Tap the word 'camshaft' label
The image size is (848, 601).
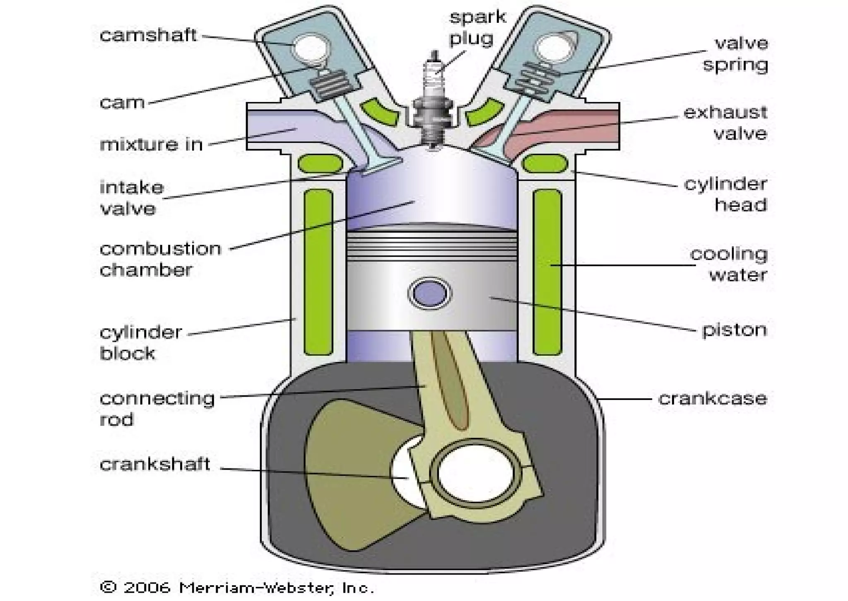pyautogui.click(x=148, y=35)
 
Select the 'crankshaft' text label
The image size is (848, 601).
pyautogui.click(x=155, y=464)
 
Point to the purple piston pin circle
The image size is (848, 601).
pyautogui.click(x=430, y=293)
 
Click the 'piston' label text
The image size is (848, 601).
pyautogui.click(x=734, y=330)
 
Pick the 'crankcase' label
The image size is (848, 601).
pyautogui.click(x=712, y=398)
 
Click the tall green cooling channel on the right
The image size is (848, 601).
pyautogui.click(x=547, y=271)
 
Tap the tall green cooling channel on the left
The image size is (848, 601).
pyautogui.click(x=318, y=271)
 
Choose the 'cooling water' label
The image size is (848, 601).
pyautogui.click(x=729, y=264)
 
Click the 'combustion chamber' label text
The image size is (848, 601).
pyautogui.click(x=160, y=259)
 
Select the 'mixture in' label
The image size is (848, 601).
pyautogui.click(x=151, y=144)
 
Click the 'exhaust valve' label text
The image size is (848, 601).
pyautogui.click(x=725, y=123)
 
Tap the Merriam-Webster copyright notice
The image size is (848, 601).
pyautogui.click(x=237, y=587)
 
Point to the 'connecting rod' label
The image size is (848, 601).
pyautogui.click(x=157, y=409)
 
